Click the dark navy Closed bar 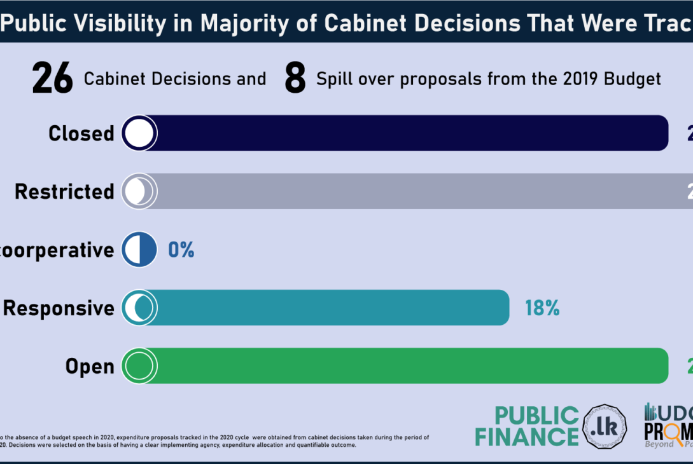[407, 133]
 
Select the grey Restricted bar [420, 191]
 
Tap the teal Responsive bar [331, 308]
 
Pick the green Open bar [407, 366]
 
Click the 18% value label [542, 308]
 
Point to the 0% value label [181, 250]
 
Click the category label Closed [81, 133]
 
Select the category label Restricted [64, 192]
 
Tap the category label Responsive [59, 308]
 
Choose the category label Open [90, 367]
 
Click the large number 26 [52, 79]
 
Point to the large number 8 [295, 79]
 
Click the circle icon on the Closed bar [139, 133]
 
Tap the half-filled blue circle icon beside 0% [139, 250]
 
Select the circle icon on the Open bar [139, 366]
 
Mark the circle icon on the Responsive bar [139, 308]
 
